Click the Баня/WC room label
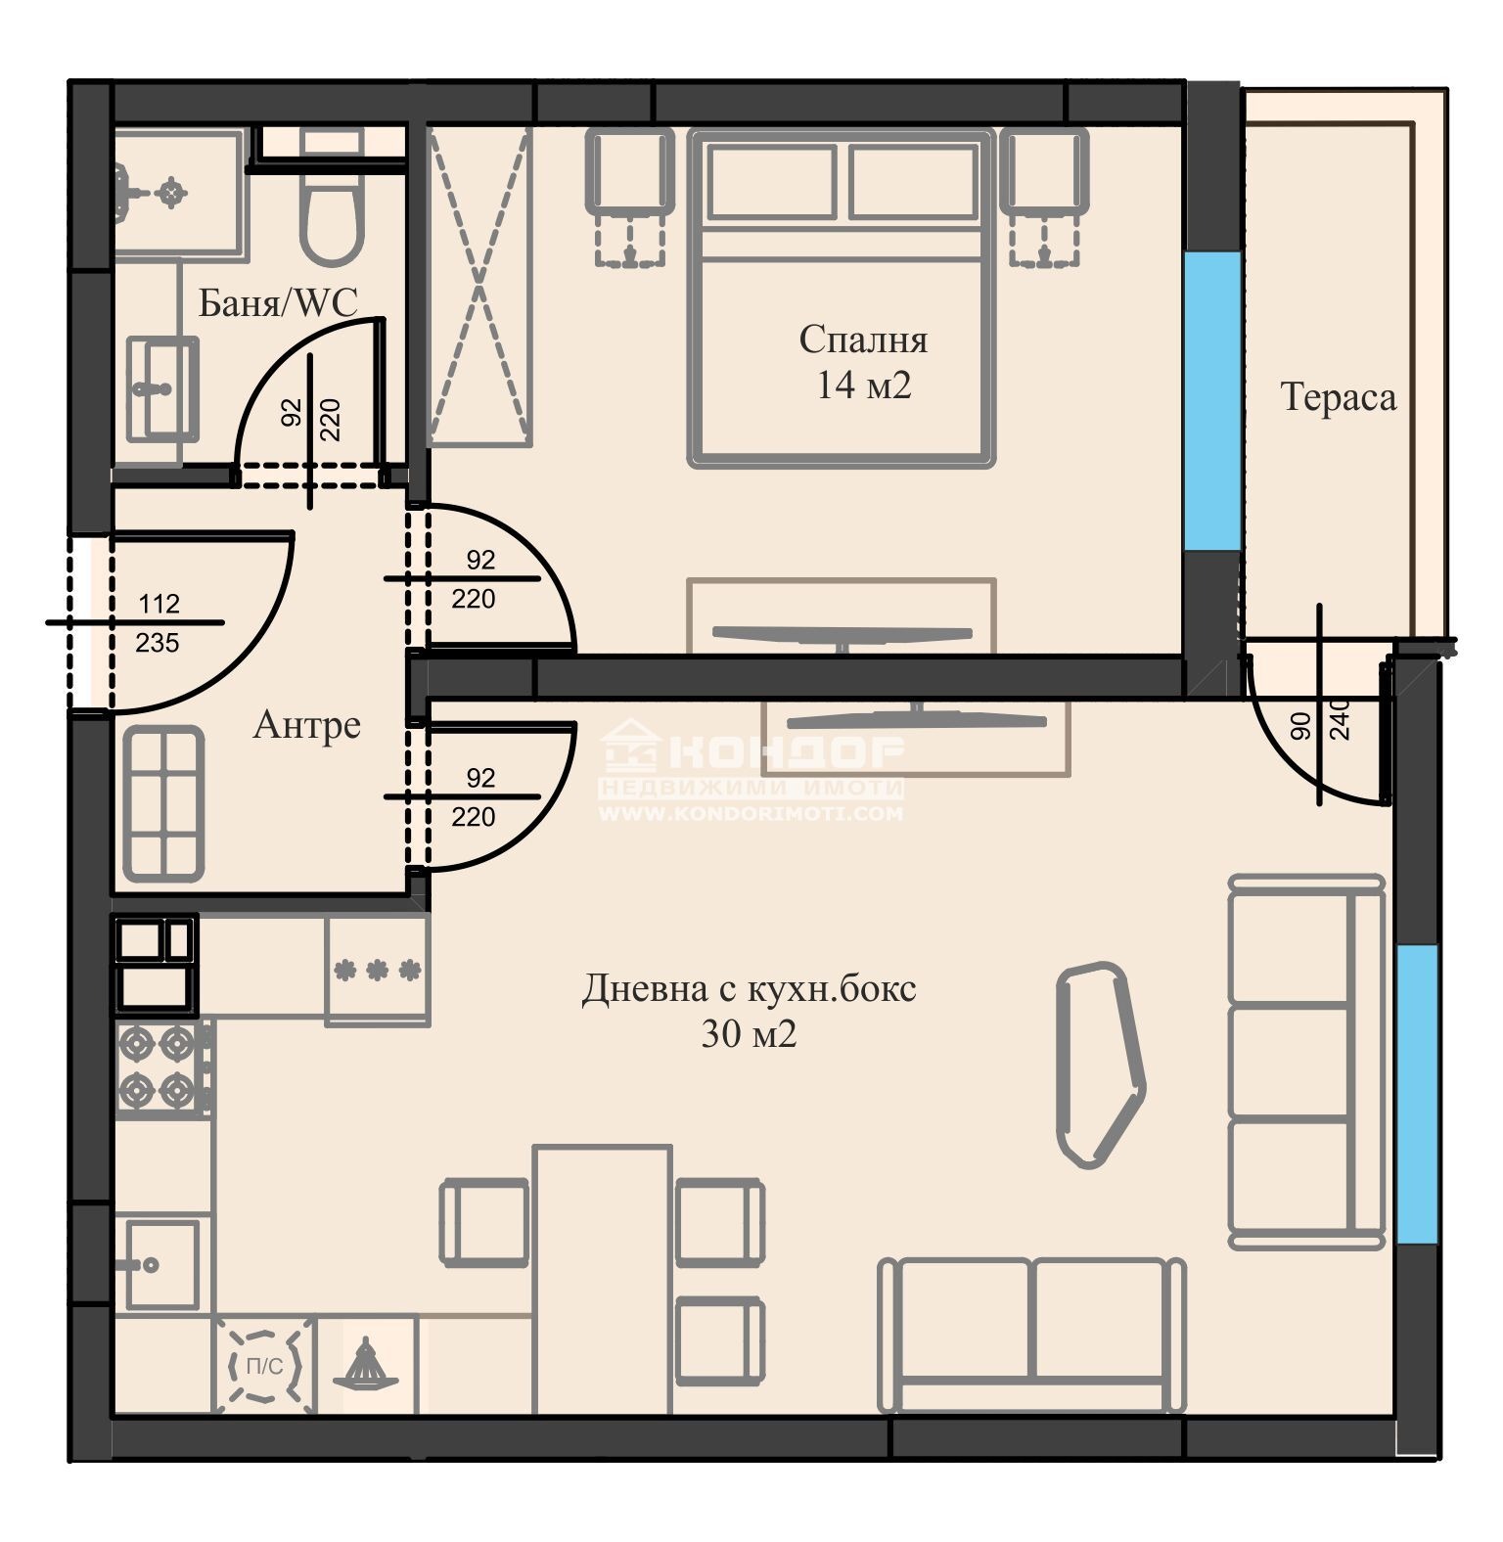click(x=278, y=302)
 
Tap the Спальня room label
click(x=863, y=340)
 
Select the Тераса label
click(x=1338, y=397)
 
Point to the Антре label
click(x=307, y=724)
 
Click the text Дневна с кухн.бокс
click(x=750, y=988)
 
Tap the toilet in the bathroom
click(x=332, y=200)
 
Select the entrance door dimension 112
click(x=159, y=604)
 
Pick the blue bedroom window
click(x=1212, y=401)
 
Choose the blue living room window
click(x=1417, y=1094)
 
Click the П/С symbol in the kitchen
click(x=264, y=1366)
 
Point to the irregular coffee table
click(x=1100, y=1065)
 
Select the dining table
click(x=603, y=1279)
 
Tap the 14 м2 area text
click(x=864, y=385)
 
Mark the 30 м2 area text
click(x=750, y=1034)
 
